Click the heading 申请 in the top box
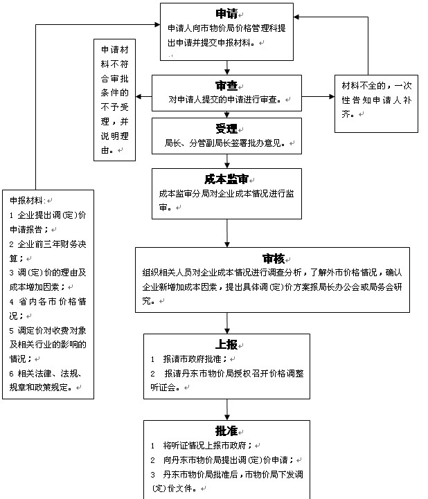[226, 14]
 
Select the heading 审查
[226, 86]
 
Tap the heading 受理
[226, 129]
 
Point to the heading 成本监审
[226, 179]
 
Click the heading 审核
[274, 258]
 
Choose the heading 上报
[226, 345]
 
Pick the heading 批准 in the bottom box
[226, 431]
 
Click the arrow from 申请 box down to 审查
[227, 68]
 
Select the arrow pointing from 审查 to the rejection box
[143, 96]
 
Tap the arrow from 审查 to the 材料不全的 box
[318, 96]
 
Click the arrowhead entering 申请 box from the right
[296, 17]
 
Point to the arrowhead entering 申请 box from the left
[157, 24]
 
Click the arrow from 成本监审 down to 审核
[227, 233]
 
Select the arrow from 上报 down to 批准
[227, 410]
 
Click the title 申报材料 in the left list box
[26, 201]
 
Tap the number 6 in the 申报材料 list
[12, 374]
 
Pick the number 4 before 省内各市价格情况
[12, 302]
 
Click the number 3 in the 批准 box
[153, 475]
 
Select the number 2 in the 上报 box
[153, 374]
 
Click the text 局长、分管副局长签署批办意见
[224, 143]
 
